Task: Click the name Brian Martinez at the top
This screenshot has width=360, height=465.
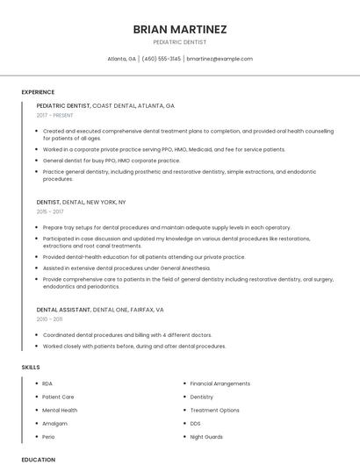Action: [180, 29]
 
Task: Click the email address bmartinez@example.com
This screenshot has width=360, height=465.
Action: [220, 59]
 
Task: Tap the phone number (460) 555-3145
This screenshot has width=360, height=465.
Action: [161, 59]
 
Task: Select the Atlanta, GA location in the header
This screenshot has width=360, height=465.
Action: [121, 59]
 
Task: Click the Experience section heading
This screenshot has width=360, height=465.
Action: [38, 92]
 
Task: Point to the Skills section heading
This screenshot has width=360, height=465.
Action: [31, 367]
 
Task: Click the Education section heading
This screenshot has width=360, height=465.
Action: [38, 459]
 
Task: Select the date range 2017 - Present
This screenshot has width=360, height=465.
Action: [55, 115]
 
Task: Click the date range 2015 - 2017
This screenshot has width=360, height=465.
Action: [50, 211]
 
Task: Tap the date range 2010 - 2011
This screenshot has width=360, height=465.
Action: [49, 319]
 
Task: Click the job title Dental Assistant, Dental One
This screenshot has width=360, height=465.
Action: [100, 310]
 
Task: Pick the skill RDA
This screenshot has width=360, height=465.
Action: [47, 383]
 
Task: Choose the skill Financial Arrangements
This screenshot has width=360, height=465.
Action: [220, 383]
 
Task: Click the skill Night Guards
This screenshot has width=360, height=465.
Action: [206, 436]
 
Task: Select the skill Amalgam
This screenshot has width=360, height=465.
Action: [54, 423]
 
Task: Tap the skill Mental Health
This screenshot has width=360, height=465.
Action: [60, 410]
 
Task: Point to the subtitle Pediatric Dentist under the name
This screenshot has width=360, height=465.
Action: [180, 41]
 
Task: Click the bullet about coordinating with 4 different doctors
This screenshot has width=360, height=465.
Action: [127, 334]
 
